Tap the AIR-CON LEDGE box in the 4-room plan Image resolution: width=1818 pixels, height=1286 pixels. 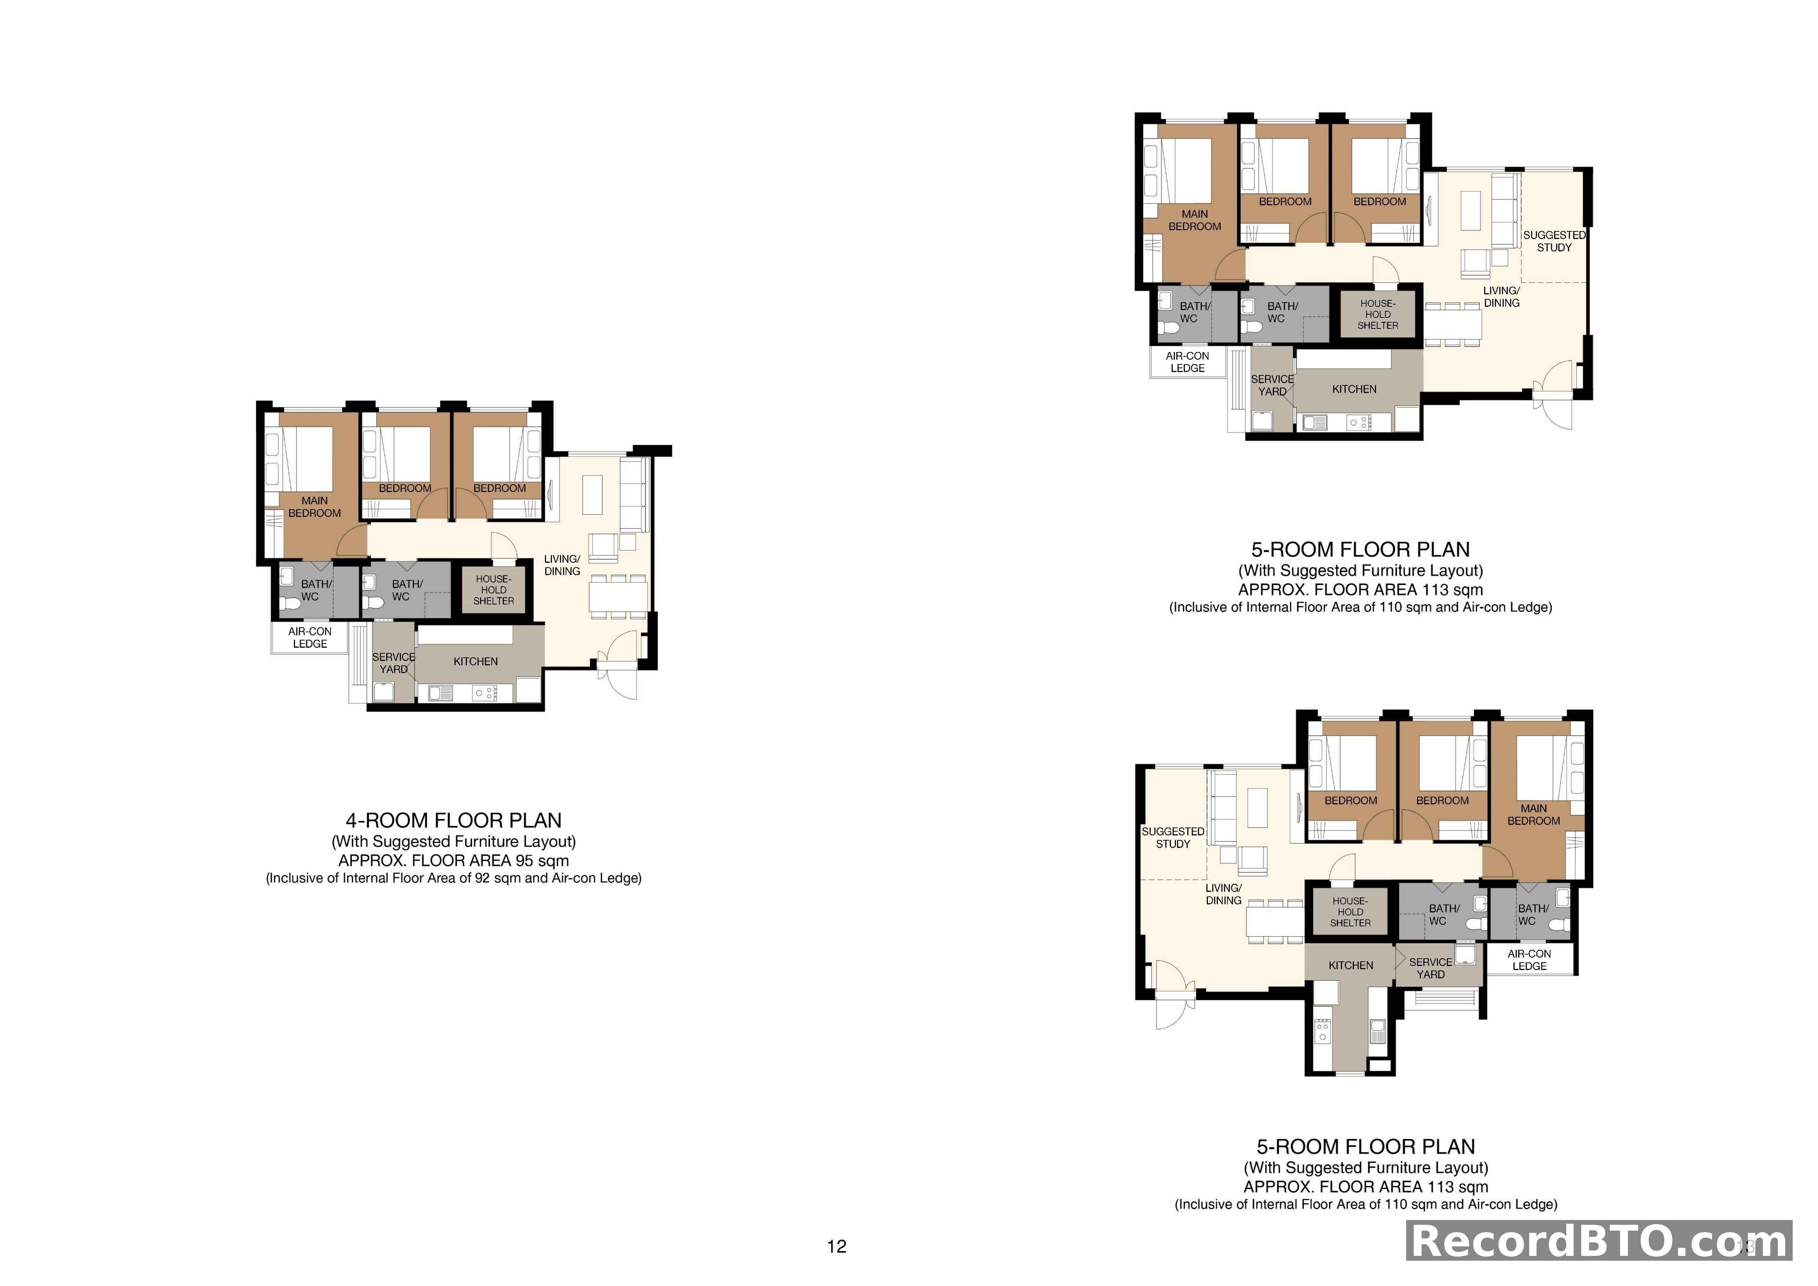[310, 638]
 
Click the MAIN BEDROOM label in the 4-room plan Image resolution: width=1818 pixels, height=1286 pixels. [314, 507]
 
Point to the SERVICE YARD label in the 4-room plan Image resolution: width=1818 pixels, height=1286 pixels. [394, 663]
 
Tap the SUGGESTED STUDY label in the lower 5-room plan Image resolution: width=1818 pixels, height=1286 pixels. [1173, 838]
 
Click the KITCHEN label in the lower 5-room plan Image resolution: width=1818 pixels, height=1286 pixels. [1351, 965]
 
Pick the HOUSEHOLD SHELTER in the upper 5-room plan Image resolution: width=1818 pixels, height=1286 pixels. [1378, 315]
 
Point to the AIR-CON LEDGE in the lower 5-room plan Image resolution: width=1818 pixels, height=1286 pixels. [1529, 960]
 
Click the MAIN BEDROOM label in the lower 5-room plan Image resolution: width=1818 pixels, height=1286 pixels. [1534, 815]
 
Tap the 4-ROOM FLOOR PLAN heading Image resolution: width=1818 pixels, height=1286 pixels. [454, 820]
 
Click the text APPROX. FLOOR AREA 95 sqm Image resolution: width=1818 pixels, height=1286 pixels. [454, 861]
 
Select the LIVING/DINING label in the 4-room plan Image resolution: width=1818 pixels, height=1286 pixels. [562, 565]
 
